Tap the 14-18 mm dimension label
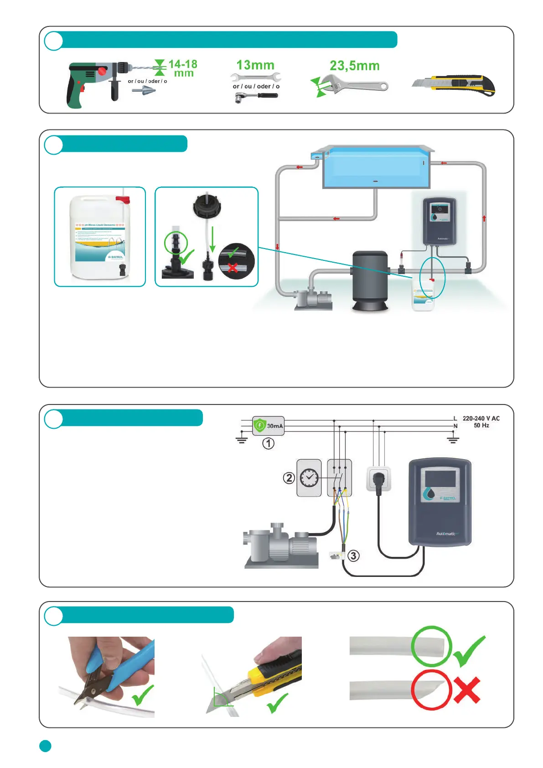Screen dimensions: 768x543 (x=183, y=68)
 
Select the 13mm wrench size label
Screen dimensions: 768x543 (x=255, y=65)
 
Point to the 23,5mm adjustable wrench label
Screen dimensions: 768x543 (x=355, y=66)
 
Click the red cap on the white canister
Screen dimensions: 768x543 (x=123, y=199)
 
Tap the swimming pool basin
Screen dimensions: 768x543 (x=376, y=169)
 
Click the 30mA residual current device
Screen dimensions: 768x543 (x=269, y=426)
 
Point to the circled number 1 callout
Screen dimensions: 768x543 (x=269, y=443)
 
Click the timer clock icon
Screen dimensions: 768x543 (x=309, y=477)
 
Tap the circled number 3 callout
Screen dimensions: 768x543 (x=353, y=555)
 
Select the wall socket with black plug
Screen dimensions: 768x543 (x=378, y=479)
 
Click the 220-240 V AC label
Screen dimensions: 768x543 (x=481, y=418)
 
